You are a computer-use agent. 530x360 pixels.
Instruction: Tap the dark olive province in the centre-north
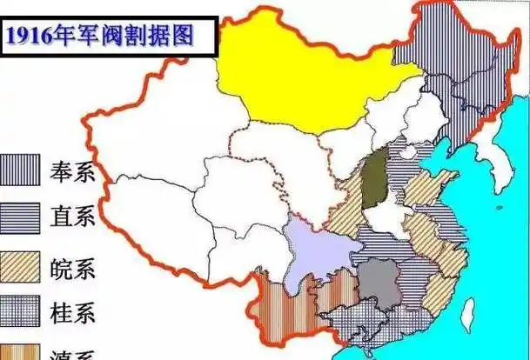[x=376, y=178]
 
